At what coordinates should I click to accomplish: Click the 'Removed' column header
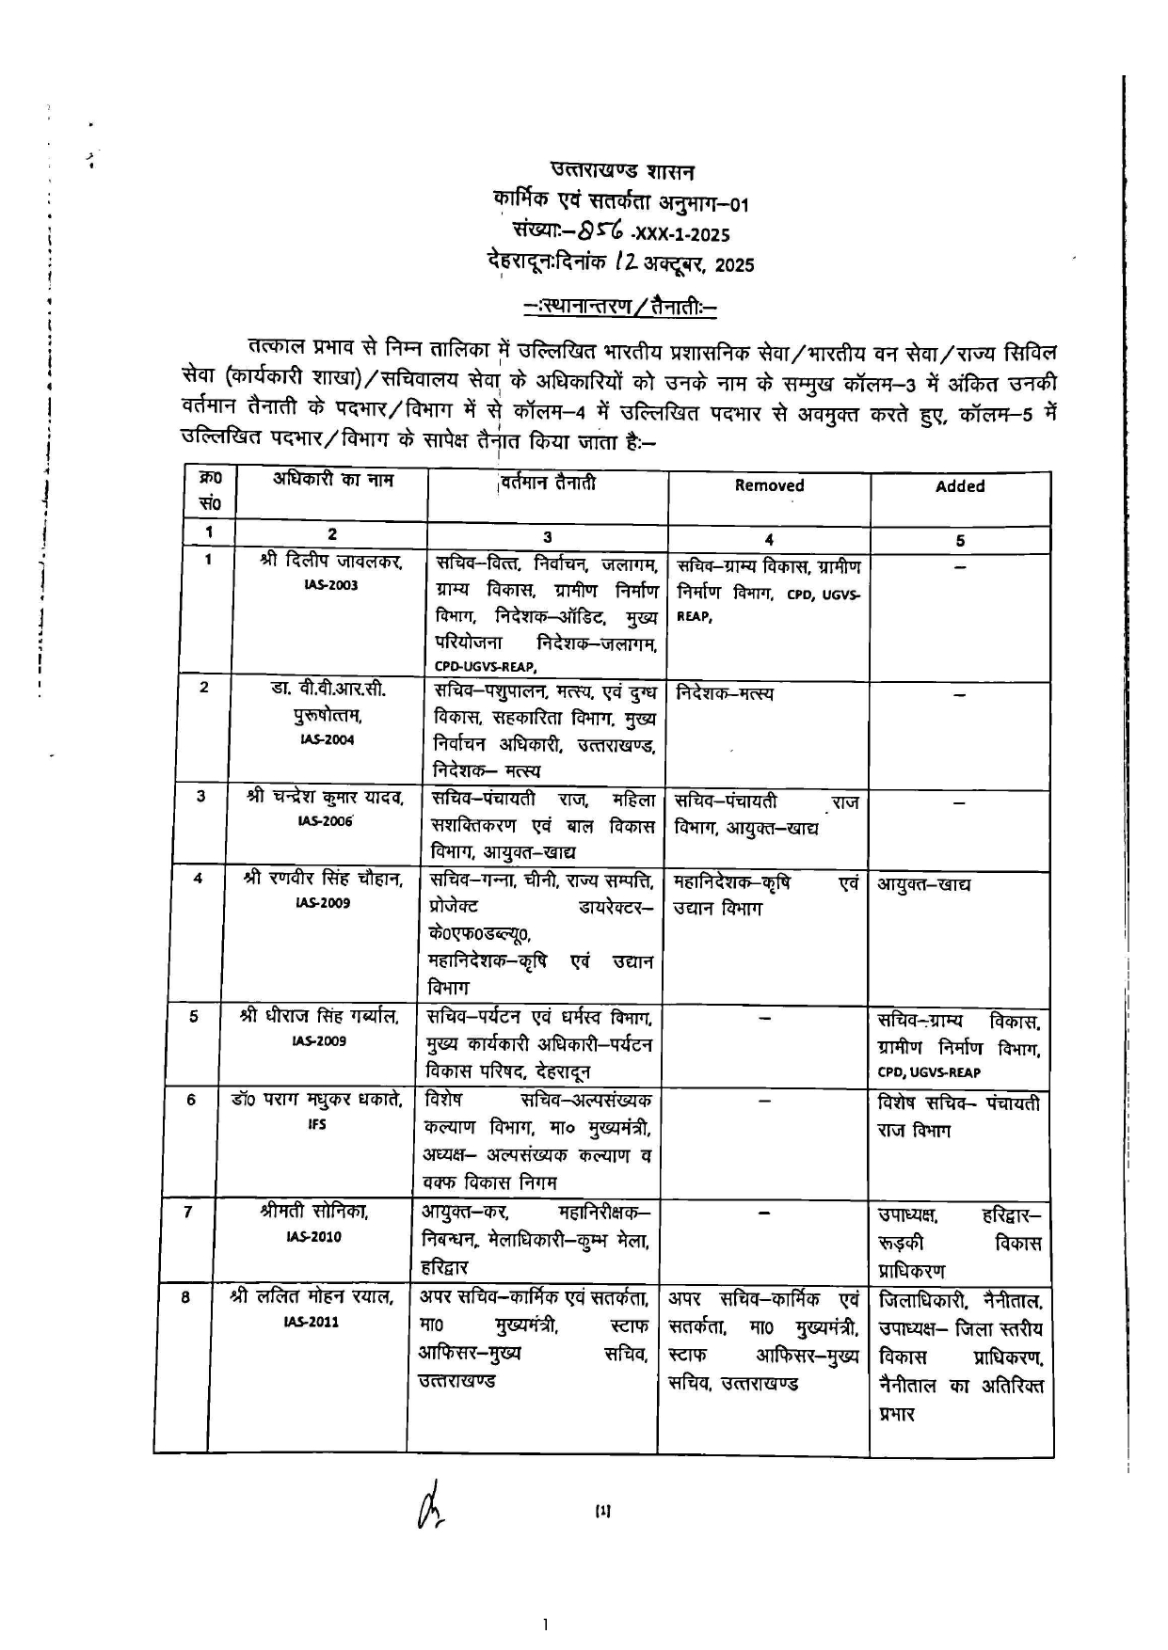pos(769,485)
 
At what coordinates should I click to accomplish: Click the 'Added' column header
pos(959,486)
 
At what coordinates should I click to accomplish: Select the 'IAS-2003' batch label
pos(330,585)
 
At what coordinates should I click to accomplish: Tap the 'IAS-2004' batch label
pos(327,739)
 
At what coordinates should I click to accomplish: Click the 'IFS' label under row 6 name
pos(317,1124)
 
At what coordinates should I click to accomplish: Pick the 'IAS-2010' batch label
pos(313,1237)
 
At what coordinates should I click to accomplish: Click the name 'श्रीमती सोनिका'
pos(313,1213)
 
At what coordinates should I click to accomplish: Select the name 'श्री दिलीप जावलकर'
pos(331,562)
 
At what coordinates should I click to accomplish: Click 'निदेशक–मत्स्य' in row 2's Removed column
pos(725,693)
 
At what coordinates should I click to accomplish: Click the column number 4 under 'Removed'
pos(769,539)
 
